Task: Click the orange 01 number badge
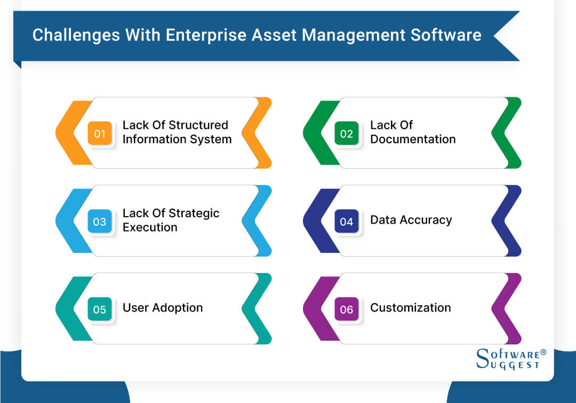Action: tap(100, 134)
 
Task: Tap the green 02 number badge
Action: tap(347, 134)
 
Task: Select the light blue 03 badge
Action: tap(100, 221)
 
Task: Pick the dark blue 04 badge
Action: tap(347, 221)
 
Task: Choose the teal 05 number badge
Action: tap(100, 309)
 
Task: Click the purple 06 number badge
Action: tap(347, 309)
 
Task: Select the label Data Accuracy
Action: tap(411, 220)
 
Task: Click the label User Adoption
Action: tap(163, 308)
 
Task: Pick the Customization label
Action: tap(410, 308)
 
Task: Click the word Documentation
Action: tap(413, 139)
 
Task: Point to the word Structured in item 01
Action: tap(198, 125)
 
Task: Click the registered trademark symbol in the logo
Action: tap(543, 352)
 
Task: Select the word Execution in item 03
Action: tap(150, 227)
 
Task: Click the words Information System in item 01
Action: tap(177, 139)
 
